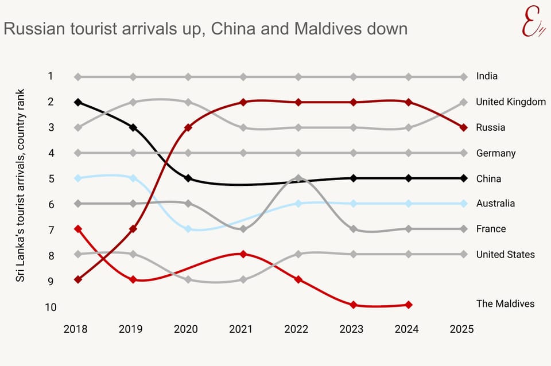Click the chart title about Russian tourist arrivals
tap(205, 29)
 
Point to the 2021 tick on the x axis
tap(241, 329)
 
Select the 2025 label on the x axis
tap(462, 329)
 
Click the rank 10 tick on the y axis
tap(51, 307)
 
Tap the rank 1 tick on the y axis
tap(51, 76)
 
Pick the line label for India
tap(487, 76)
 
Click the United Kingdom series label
tap(511, 102)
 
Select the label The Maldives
tap(505, 303)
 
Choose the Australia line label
tap(495, 203)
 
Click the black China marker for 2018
tap(78, 102)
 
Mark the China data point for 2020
tap(188, 178)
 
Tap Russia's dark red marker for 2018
tap(78, 280)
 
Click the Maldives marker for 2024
tap(409, 305)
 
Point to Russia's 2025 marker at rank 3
tap(464, 127)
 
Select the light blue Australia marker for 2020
tap(188, 229)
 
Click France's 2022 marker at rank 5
tap(298, 178)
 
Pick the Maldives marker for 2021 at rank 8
tap(243, 254)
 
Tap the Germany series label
tap(496, 153)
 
